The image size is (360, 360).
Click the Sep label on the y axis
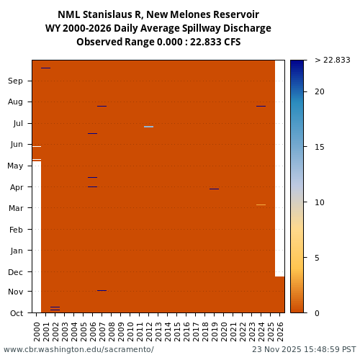click(15, 81)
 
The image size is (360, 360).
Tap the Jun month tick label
click(16, 144)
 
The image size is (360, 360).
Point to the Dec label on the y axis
click(15, 271)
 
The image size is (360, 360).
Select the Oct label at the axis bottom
click(16, 312)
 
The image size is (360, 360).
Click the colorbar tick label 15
click(320, 147)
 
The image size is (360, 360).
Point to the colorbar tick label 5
click(317, 257)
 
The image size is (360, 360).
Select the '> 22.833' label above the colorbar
click(332, 60)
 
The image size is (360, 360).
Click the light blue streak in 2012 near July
click(148, 127)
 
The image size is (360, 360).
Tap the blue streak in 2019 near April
click(214, 189)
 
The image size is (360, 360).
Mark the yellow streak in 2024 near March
click(261, 204)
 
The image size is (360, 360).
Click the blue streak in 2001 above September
click(45, 68)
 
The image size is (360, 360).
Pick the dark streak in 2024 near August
click(261, 106)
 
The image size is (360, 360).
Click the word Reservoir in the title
click(229, 14)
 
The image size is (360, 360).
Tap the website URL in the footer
click(78, 349)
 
